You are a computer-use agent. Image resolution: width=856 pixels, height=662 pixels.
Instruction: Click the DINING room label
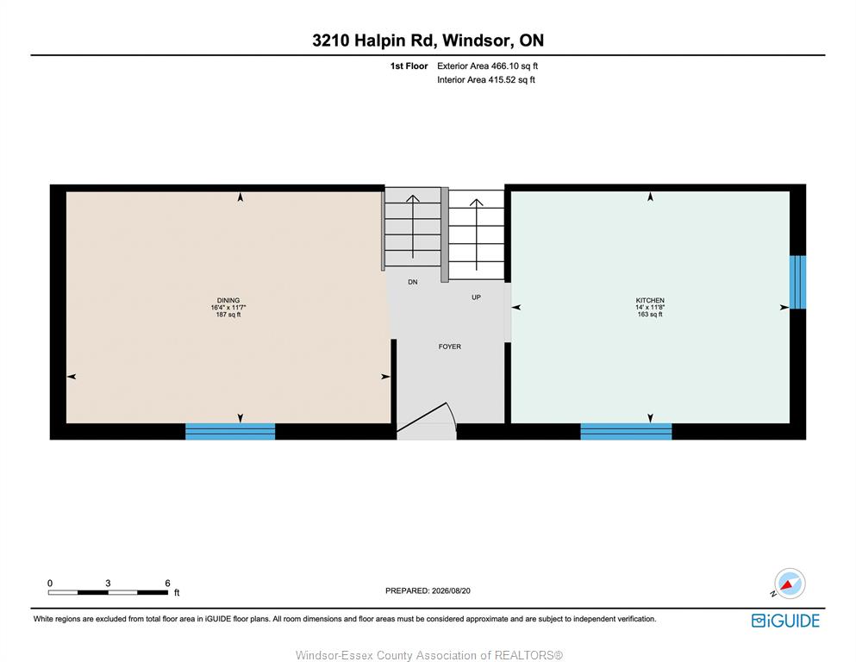(228, 300)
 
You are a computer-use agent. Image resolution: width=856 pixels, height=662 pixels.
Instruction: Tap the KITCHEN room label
(650, 300)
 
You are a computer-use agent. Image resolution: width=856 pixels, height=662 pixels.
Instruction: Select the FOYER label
(450, 347)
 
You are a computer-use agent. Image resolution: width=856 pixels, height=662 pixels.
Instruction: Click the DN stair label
(413, 282)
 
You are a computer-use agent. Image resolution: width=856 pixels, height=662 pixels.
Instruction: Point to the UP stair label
(476, 297)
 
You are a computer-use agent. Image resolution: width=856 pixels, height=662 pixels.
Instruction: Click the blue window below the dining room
(230, 431)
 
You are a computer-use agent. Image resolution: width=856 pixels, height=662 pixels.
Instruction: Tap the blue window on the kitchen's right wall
(797, 282)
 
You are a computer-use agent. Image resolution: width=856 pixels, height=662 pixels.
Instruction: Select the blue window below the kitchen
(626, 431)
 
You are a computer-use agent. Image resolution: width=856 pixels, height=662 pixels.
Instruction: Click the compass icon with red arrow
(788, 584)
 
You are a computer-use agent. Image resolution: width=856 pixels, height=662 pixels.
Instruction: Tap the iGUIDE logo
(785, 621)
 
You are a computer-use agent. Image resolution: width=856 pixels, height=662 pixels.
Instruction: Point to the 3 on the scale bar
(108, 584)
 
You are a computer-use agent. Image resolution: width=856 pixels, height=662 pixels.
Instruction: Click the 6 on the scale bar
(167, 584)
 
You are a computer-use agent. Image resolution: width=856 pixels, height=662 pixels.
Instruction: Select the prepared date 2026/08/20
(451, 590)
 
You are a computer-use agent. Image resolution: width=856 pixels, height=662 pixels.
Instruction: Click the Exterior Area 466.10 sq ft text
(488, 66)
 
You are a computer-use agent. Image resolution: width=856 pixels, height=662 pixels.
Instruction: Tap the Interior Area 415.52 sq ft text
(486, 79)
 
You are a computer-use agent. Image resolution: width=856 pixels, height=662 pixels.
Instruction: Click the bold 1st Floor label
(409, 66)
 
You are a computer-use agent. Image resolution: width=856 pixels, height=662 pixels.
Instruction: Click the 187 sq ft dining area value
(228, 315)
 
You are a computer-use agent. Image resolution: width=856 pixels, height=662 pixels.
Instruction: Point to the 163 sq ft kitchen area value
(650, 315)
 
